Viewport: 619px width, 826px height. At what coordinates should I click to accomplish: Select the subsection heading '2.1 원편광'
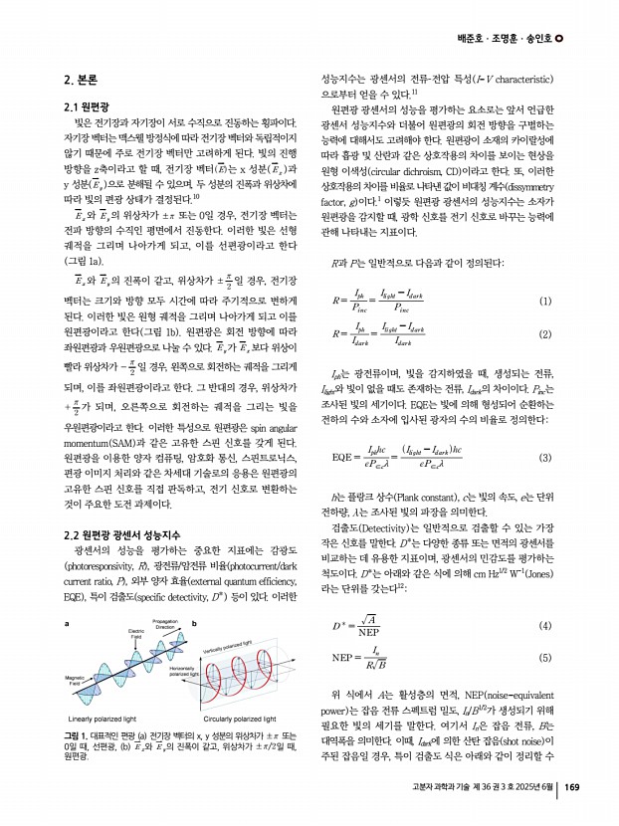click(87, 105)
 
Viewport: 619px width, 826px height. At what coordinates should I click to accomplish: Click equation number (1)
click(544, 302)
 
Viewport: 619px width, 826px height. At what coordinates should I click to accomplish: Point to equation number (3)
click(544, 457)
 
